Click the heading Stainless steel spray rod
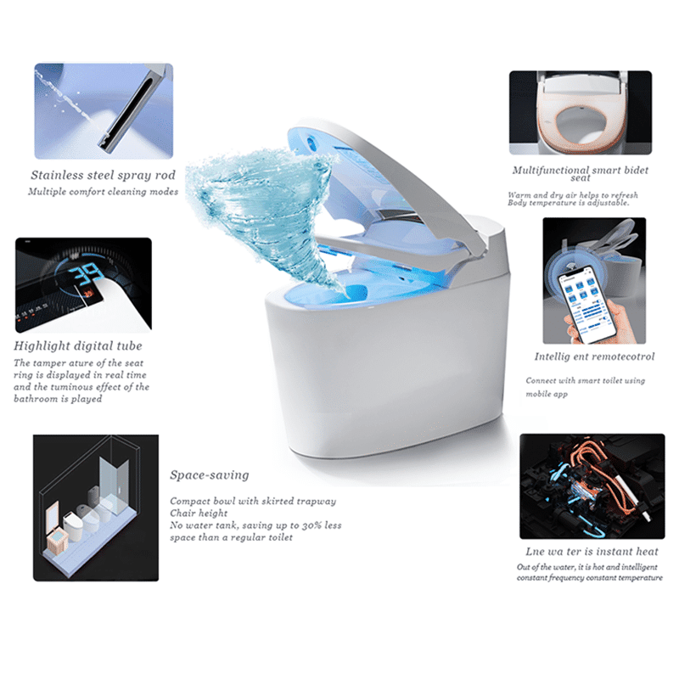[104, 175]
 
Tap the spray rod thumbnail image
[104, 110]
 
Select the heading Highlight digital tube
[78, 345]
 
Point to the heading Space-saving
[210, 474]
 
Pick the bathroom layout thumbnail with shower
[95, 506]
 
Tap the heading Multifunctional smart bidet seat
[581, 174]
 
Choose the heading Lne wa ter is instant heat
[592, 552]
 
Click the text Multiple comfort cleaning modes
[104, 192]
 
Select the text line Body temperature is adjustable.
[569, 203]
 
